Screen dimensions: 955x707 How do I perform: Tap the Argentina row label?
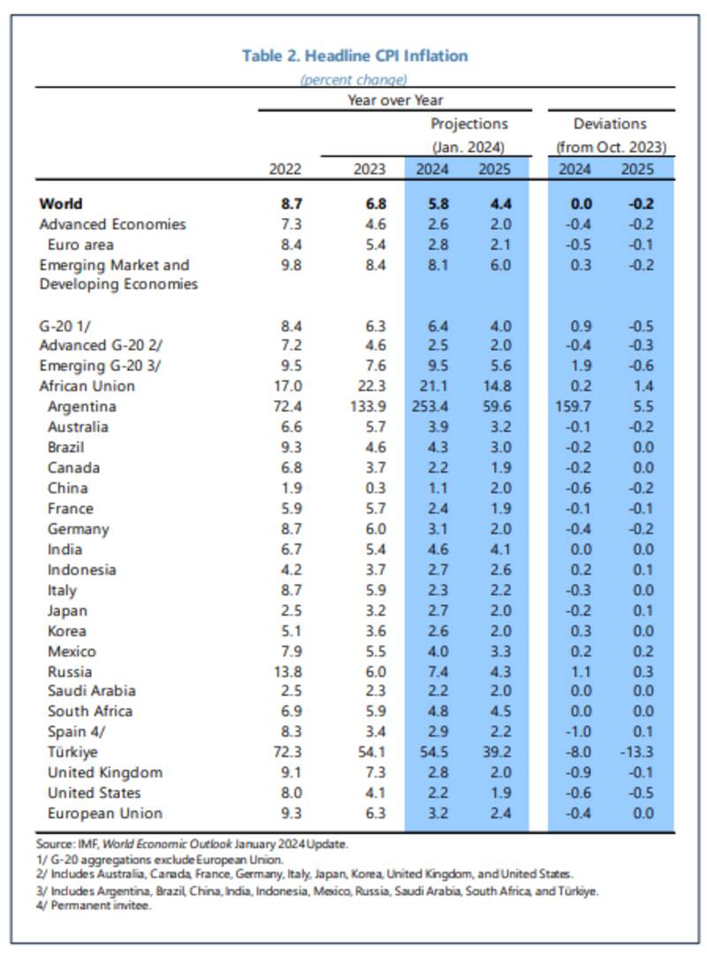82,406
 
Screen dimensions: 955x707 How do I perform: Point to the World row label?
61,203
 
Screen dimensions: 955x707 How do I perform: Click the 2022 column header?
285,170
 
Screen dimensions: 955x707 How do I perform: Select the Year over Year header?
395,100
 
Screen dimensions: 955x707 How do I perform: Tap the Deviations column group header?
610,124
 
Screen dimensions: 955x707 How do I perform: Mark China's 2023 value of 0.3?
374,488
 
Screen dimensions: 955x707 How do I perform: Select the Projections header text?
468,124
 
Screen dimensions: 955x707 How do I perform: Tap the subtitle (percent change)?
353,80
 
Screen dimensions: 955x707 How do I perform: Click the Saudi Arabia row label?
91,692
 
